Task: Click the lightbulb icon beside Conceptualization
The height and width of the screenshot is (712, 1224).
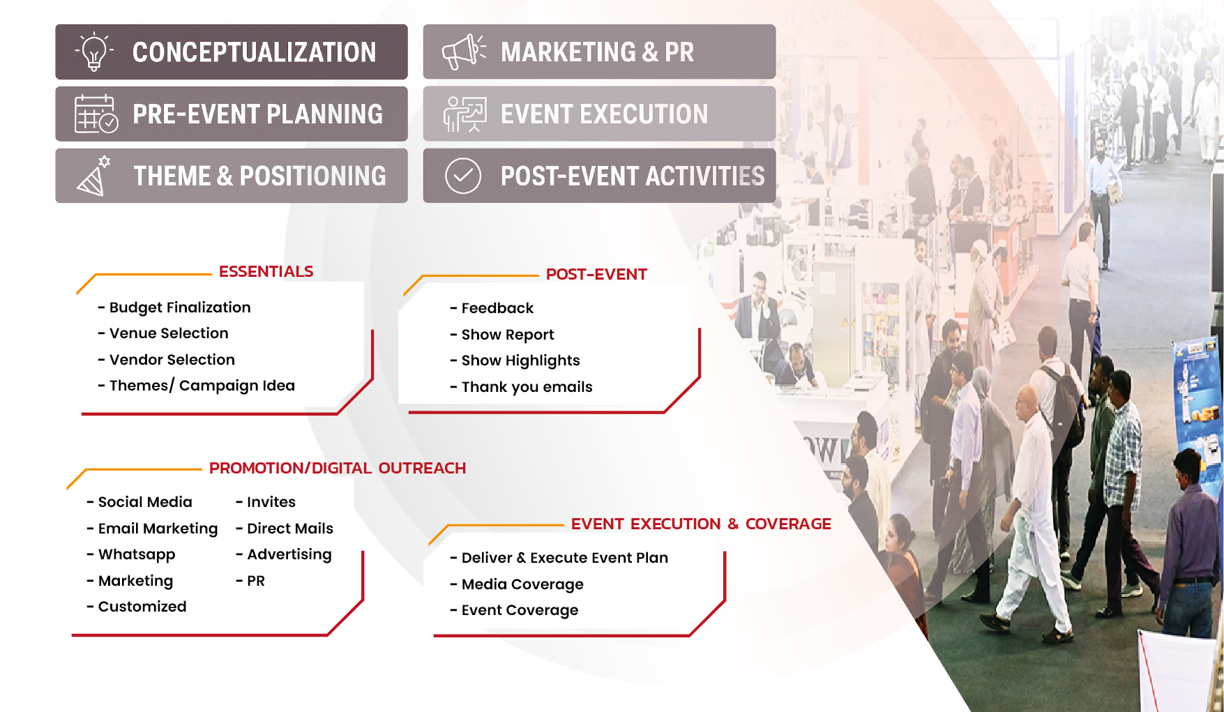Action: pos(94,52)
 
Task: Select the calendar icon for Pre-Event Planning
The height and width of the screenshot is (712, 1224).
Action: pos(96,114)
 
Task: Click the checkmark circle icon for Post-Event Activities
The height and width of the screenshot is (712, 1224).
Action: pos(463,176)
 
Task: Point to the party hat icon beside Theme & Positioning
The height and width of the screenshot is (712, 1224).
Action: pos(94,176)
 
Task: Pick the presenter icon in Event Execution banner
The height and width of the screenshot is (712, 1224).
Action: pos(464,114)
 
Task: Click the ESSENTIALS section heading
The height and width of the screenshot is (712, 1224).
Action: pos(266,271)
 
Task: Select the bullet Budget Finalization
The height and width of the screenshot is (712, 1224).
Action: pos(174,308)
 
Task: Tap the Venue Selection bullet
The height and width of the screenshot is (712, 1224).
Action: pos(163,333)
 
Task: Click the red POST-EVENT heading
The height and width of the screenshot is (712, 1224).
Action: pos(596,274)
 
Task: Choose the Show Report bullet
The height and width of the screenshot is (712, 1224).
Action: pos(502,335)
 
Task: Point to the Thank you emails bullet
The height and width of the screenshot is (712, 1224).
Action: pos(521,387)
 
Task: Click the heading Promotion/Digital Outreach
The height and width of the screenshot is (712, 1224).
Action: pos(338,468)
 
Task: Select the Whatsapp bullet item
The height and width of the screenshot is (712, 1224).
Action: pos(131,554)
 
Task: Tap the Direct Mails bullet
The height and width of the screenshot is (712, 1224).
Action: pos(285,529)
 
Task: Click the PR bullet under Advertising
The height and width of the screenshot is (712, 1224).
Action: pos(250,581)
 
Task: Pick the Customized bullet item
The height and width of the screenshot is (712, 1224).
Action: pos(137,607)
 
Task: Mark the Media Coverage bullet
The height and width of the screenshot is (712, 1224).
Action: pos(517,584)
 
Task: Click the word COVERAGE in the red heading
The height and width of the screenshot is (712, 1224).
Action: pos(788,524)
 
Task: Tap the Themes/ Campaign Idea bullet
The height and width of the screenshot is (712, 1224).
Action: pos(197,386)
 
